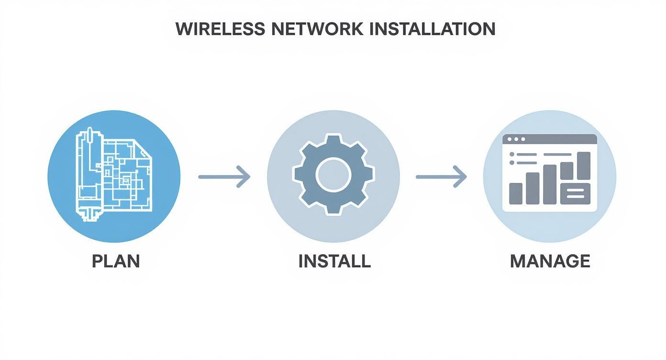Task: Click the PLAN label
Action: (115, 261)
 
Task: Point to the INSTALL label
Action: (334, 261)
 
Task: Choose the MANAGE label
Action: (550, 261)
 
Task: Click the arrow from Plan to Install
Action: (224, 177)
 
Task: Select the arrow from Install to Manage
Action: (441, 177)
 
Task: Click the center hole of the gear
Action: (333, 175)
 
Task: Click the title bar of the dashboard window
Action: (550, 139)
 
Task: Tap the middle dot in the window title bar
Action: (516, 139)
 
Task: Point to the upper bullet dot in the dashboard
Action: (512, 154)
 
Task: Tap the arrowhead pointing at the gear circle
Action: (244, 177)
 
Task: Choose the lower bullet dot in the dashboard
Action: (512, 163)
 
